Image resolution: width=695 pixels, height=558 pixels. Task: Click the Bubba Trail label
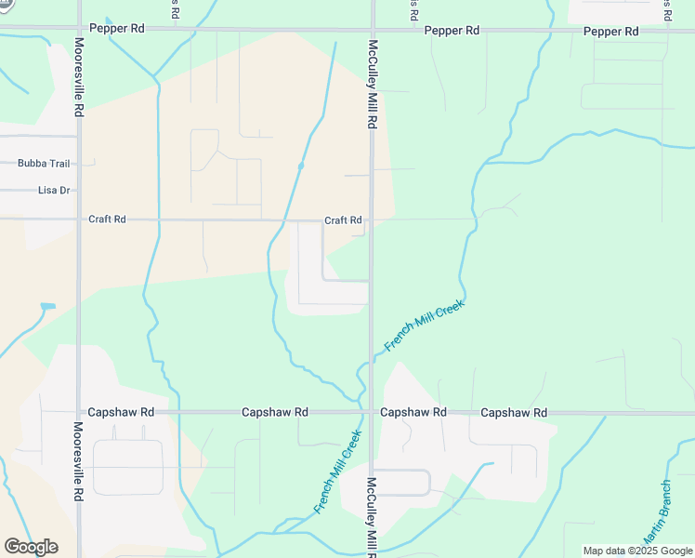click(x=44, y=164)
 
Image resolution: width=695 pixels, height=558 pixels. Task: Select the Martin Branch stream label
click(x=655, y=514)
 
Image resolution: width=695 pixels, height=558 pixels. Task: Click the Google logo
click(x=31, y=547)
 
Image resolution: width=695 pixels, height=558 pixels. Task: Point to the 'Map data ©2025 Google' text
click(x=638, y=551)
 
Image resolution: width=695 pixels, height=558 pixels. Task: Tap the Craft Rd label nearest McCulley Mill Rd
click(x=343, y=220)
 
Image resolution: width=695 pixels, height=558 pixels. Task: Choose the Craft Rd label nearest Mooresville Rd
click(x=107, y=219)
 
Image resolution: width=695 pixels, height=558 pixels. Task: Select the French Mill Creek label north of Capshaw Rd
click(x=424, y=325)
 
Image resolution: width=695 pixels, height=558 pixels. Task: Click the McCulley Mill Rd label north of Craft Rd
click(x=373, y=84)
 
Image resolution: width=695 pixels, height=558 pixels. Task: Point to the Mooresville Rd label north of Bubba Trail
click(x=79, y=76)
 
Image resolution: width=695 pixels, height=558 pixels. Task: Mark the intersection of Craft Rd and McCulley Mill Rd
click(x=372, y=220)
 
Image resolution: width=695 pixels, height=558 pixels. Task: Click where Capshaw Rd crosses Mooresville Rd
click(x=79, y=411)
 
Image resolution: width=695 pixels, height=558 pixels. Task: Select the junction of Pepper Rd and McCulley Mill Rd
click(x=372, y=29)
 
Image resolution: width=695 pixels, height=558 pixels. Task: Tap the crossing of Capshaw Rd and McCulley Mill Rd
click(x=372, y=411)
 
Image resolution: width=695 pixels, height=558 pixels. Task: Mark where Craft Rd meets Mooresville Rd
click(x=79, y=219)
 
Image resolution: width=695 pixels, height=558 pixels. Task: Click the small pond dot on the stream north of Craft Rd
click(x=300, y=166)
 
